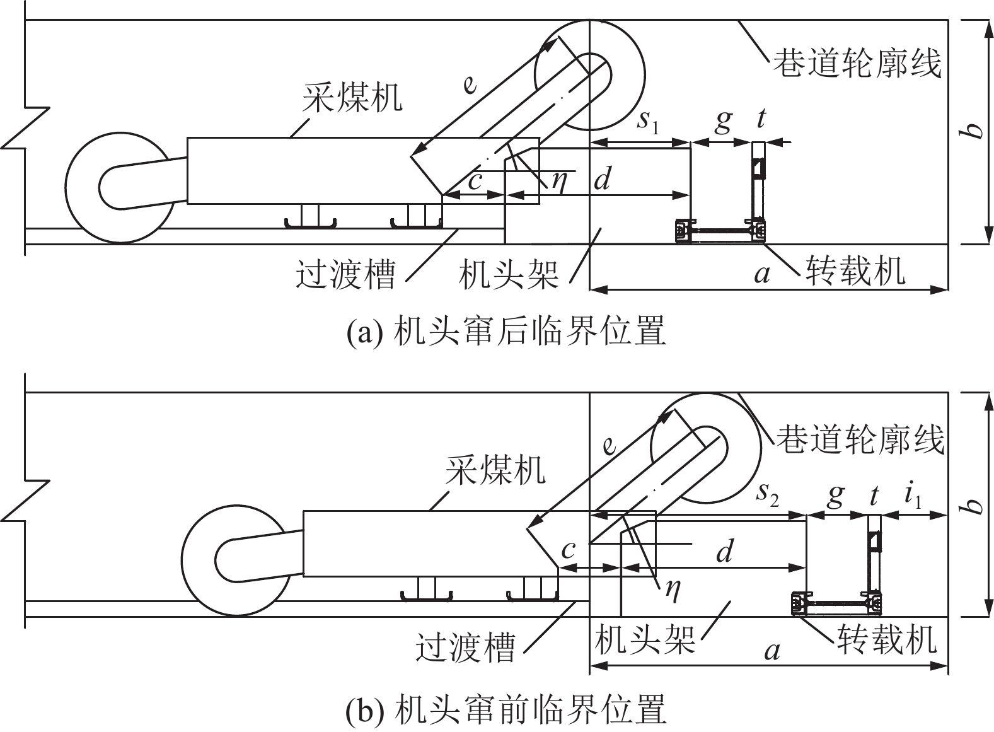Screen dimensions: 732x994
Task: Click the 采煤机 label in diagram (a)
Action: (352, 98)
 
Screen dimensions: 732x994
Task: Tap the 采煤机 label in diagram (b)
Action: (495, 470)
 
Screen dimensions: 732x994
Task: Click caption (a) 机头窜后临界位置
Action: (506, 332)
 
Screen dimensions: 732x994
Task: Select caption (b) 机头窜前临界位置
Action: (506, 710)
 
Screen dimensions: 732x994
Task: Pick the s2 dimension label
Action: (767, 495)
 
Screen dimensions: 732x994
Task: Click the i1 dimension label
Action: (913, 497)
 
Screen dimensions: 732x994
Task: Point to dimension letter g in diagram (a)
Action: (723, 120)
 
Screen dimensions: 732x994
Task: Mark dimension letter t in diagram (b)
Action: (874, 497)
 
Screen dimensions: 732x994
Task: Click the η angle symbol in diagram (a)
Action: (558, 181)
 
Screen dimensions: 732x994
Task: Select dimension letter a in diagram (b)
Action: (772, 649)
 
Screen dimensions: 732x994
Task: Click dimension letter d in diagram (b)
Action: (725, 552)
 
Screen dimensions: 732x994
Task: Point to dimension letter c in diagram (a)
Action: (475, 181)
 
